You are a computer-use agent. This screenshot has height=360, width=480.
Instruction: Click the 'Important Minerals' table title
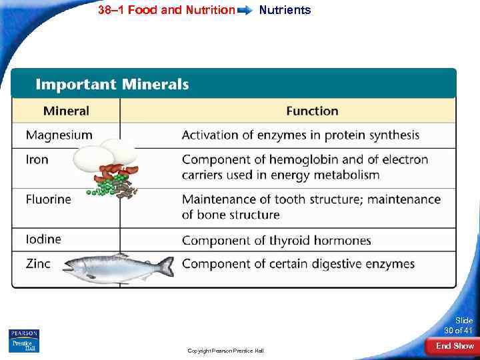tap(112, 85)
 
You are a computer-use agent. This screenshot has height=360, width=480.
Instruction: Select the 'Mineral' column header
tap(66, 111)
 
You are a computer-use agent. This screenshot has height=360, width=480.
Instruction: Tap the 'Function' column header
tap(312, 111)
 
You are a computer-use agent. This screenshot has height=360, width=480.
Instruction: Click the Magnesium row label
tap(59, 135)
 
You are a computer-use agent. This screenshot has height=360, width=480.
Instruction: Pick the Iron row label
tap(37, 160)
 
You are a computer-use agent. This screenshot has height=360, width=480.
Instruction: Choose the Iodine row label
tap(43, 239)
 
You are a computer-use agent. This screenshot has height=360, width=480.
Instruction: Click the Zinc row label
tap(38, 263)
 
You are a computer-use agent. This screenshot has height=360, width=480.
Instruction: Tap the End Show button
tap(455, 345)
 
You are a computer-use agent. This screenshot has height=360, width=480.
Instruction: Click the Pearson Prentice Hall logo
tap(24, 341)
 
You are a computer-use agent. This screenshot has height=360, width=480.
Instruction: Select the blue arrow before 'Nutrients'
tap(245, 11)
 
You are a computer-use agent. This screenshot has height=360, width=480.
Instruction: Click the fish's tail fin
tap(165, 267)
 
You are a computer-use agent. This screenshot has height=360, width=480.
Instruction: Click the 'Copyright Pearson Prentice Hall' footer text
tap(225, 351)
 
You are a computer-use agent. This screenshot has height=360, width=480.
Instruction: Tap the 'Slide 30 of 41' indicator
tap(459, 325)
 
